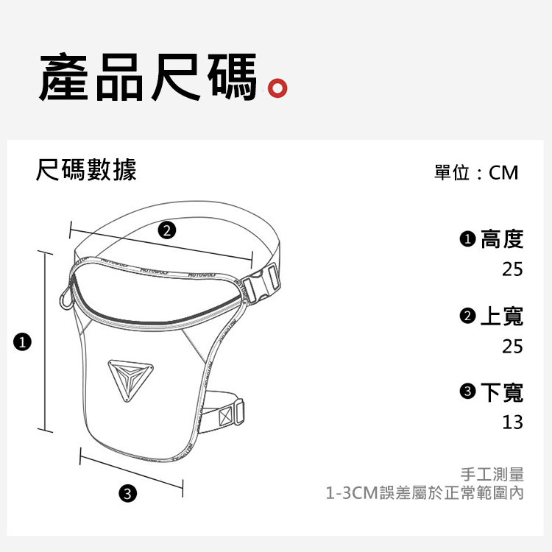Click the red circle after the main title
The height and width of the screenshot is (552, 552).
(x=277, y=88)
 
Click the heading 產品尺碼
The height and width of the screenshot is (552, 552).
(x=148, y=77)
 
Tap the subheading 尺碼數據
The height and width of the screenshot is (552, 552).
(x=86, y=170)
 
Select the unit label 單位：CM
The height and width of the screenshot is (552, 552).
(x=476, y=173)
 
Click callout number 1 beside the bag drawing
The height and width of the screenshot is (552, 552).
(x=22, y=342)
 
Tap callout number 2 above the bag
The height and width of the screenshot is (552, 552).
(x=166, y=230)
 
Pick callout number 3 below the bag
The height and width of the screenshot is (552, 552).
(x=127, y=493)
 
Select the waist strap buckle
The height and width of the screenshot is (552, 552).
(x=261, y=284)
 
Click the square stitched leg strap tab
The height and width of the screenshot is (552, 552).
(x=226, y=417)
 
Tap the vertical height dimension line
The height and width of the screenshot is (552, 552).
(x=45, y=342)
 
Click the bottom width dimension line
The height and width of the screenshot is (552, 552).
(x=131, y=472)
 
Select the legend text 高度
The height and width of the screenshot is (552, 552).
(x=502, y=239)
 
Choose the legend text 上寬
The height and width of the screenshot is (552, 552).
(x=502, y=316)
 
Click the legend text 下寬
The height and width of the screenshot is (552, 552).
(x=502, y=392)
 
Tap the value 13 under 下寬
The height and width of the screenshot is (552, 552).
(x=512, y=422)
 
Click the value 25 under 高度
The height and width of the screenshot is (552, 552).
(x=512, y=269)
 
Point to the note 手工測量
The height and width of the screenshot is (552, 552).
(x=492, y=474)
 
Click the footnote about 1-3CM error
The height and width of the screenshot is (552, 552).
(x=425, y=492)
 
